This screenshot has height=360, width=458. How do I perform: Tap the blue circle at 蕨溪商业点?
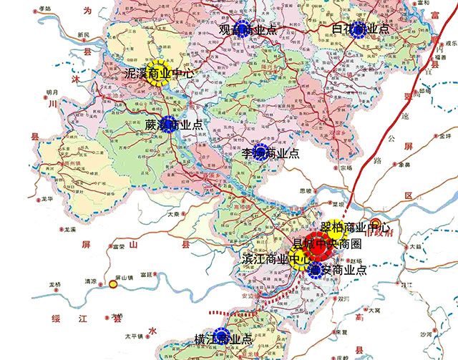[169, 123]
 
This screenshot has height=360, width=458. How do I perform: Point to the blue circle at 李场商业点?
[257, 153]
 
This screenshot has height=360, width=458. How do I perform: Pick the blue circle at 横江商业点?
[223, 336]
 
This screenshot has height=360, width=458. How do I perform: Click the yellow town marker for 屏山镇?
[113, 285]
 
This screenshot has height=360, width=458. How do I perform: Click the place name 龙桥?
[54, 285]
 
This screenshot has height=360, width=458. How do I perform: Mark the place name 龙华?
[47, 199]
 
